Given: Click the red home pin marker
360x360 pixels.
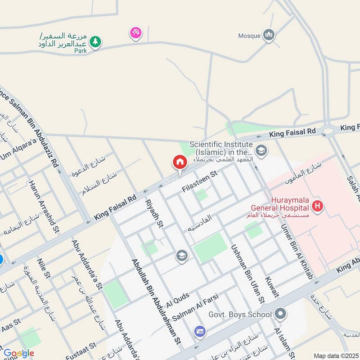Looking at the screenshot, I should (180, 162).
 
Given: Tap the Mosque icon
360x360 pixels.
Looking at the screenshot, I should (269, 35).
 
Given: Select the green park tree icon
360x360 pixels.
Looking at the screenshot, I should (95, 42).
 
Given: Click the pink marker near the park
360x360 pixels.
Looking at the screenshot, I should (135, 32).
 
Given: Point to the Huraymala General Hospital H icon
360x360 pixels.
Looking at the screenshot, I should (318, 207).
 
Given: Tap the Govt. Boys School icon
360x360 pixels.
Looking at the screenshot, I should (280, 314).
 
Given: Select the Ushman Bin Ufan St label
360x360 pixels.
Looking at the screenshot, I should (248, 273).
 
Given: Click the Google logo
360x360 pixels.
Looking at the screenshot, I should (19, 353).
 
